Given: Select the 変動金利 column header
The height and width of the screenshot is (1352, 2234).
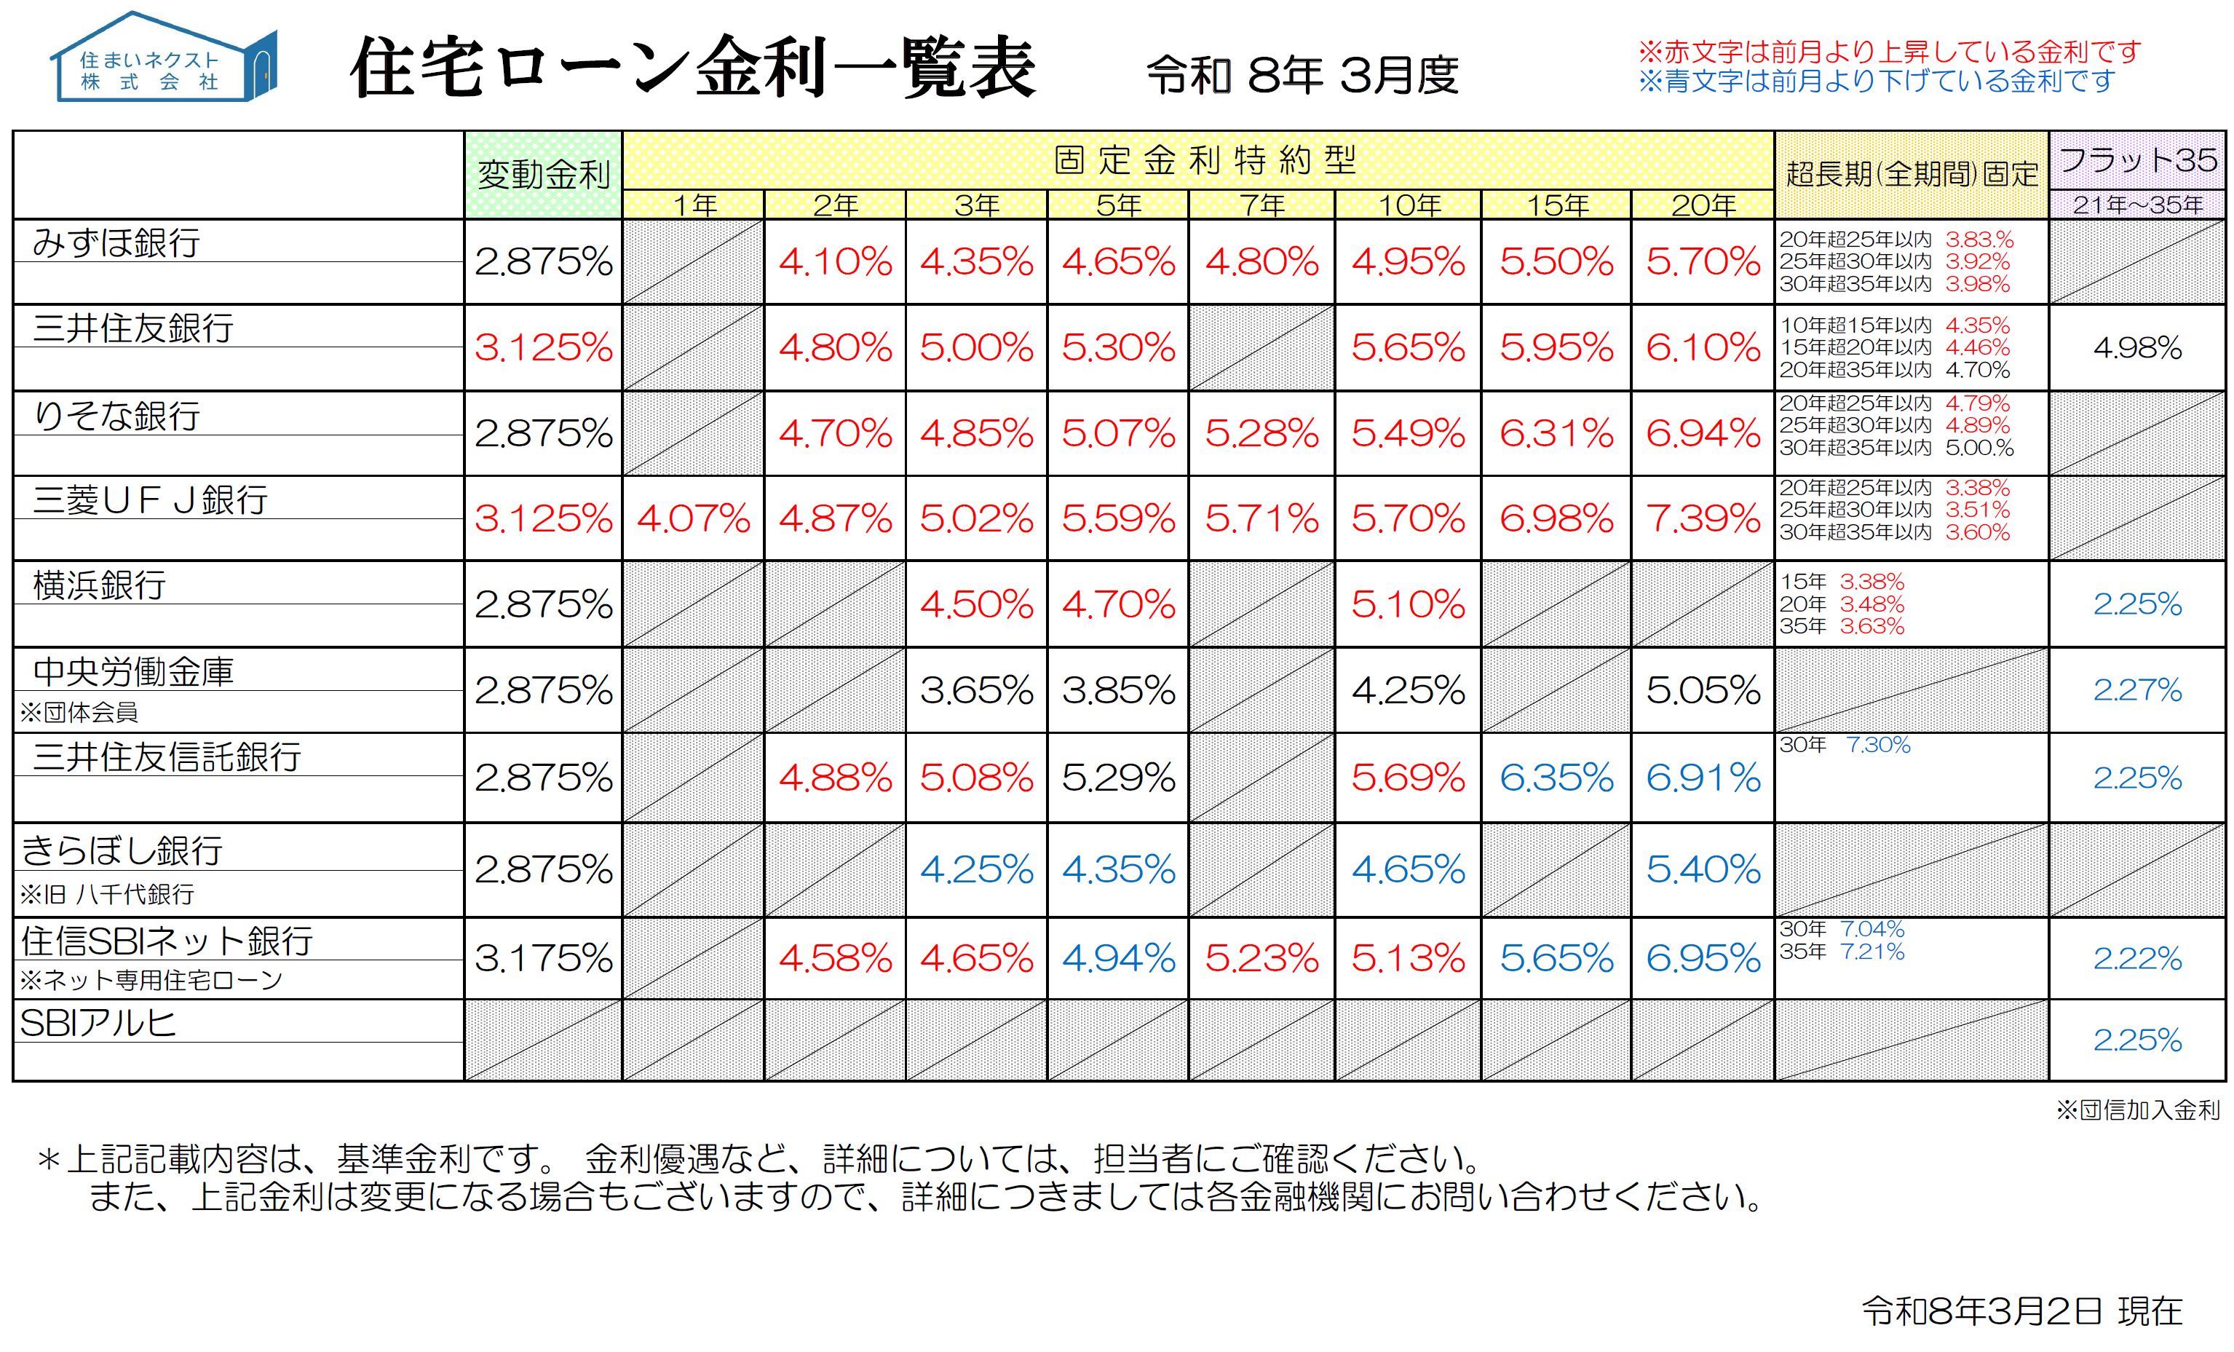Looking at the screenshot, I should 543,174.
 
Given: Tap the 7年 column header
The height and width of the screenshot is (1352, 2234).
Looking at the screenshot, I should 1261,205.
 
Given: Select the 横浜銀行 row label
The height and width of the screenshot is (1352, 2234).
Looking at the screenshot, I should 99,585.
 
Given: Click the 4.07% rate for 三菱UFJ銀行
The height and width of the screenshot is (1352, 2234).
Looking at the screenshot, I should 693,518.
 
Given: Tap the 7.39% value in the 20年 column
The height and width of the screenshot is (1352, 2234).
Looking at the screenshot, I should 1703,518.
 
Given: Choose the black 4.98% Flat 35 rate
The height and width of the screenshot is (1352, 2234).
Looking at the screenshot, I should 2137,347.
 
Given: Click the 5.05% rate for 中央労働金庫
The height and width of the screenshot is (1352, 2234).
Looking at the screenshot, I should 1703,691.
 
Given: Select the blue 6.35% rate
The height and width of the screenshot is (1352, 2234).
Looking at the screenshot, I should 1556,778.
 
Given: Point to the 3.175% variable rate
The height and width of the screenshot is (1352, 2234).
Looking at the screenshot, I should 543,958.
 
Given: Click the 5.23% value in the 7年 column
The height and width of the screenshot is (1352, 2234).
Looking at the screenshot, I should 1261,958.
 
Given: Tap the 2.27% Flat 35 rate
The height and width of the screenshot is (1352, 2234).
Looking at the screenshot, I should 2137,690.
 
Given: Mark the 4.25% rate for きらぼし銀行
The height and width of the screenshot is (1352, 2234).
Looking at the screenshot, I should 976,871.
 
